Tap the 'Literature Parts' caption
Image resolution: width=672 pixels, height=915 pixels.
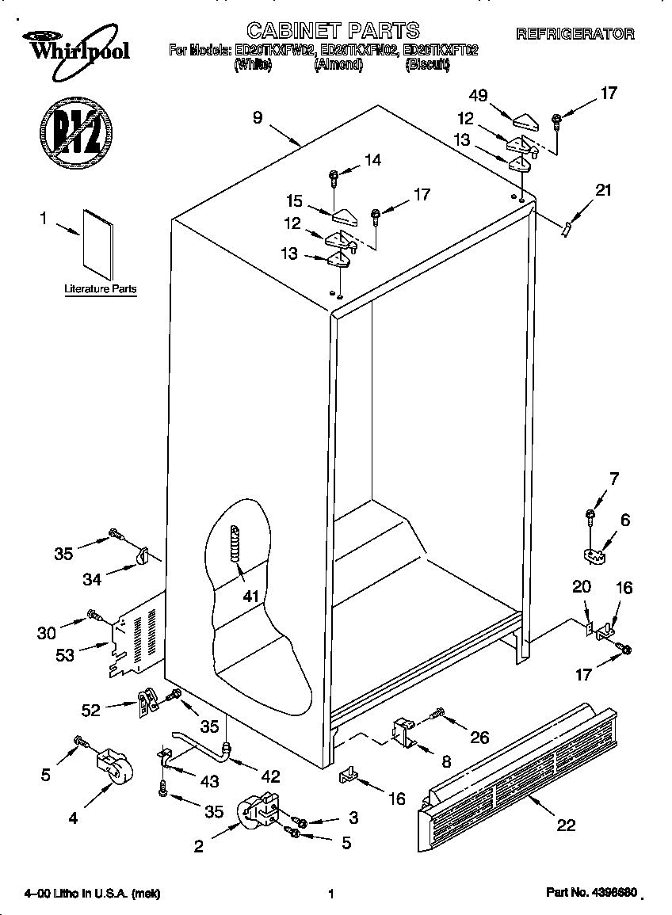pos(101,290)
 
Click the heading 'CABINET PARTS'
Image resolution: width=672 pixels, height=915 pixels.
pos(333,30)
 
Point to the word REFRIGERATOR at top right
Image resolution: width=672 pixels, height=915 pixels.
pos(575,34)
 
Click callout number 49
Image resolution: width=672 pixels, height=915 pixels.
pos(478,97)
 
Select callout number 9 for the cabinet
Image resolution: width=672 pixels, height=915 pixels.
pos(258,117)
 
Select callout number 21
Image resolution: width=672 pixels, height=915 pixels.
pos(604,189)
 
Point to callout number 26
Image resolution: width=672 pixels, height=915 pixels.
pos(479,738)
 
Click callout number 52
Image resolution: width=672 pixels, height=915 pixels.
pos(90,711)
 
